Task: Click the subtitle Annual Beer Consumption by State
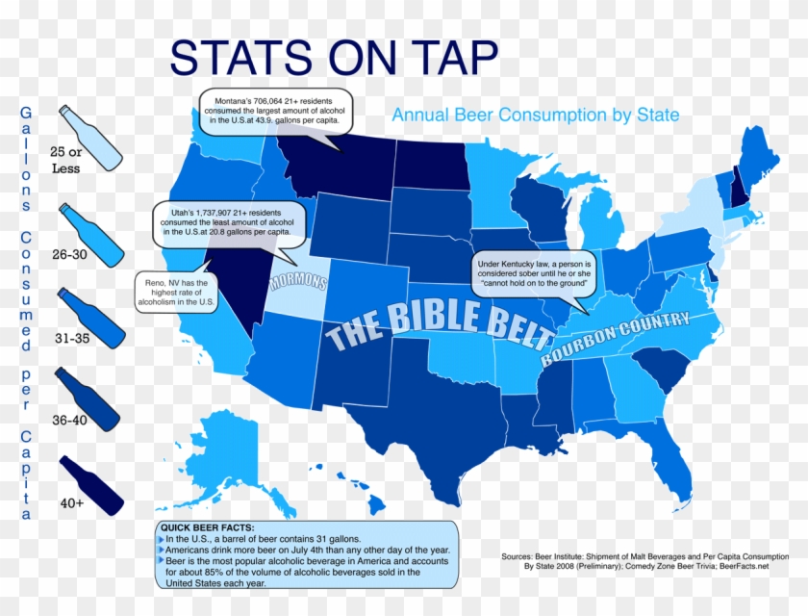[535, 115]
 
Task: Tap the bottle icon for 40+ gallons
[91, 485]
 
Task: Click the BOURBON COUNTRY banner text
[616, 337]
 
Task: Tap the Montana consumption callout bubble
[275, 113]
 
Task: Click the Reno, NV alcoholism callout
[177, 291]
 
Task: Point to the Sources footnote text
[635, 561]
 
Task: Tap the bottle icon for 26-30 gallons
[90, 233]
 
